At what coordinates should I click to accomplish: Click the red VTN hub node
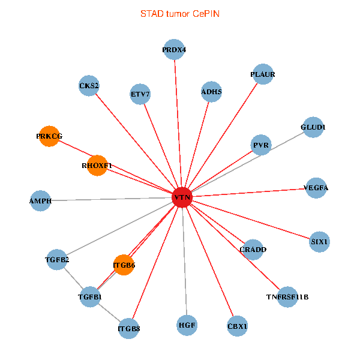(x=182, y=197)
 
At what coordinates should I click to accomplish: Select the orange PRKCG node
(x=49, y=136)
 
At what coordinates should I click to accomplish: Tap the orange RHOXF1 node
(x=97, y=165)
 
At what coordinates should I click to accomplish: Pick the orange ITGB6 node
(x=124, y=265)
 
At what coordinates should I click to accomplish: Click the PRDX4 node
(x=174, y=50)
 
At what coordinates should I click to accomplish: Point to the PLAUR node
(x=263, y=74)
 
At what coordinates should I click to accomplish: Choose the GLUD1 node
(x=313, y=127)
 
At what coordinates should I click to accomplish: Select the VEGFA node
(x=316, y=188)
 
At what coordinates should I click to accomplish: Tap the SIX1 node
(x=319, y=242)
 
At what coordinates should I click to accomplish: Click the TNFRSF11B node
(x=287, y=297)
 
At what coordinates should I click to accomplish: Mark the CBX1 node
(x=238, y=326)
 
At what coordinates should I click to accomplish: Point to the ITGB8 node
(x=129, y=328)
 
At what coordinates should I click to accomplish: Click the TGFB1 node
(x=90, y=297)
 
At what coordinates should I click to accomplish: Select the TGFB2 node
(x=57, y=260)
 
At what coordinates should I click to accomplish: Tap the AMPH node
(x=40, y=200)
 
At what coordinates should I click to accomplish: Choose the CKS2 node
(x=89, y=85)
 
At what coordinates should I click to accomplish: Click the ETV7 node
(x=140, y=94)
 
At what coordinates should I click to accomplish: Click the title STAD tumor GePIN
(x=180, y=13)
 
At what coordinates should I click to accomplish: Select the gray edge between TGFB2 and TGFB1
(x=73, y=278)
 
